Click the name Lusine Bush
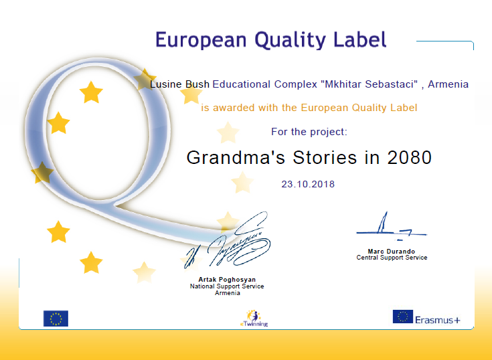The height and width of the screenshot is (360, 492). point(179,84)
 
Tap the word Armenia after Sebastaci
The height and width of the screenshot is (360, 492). point(448,84)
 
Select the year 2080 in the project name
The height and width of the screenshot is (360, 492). point(410,157)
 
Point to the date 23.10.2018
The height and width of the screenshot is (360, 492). point(308,184)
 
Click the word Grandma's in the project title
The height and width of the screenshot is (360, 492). point(236,157)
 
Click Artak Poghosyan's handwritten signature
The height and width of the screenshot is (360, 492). point(227,241)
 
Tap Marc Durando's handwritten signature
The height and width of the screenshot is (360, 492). point(392,227)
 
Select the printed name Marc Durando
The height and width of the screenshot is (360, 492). point(392,251)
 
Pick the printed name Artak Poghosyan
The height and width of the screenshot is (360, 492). point(227,280)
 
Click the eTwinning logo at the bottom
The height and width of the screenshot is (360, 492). point(254,319)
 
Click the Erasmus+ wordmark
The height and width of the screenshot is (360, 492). point(437,320)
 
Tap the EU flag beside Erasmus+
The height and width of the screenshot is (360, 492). point(402,317)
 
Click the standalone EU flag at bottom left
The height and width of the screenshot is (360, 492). point(56,319)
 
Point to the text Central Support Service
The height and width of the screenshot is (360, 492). point(392,258)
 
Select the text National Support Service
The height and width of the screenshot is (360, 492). point(227,286)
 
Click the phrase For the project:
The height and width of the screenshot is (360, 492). point(309,132)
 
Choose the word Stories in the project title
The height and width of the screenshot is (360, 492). point(325,157)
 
